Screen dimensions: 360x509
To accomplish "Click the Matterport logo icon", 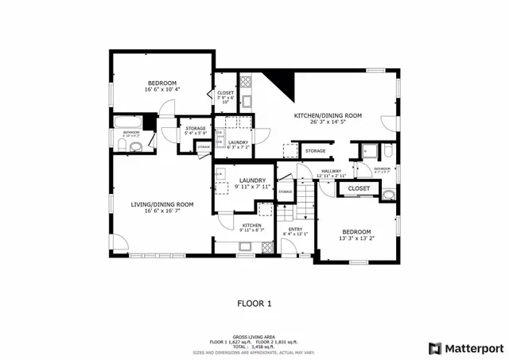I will pos(434,347).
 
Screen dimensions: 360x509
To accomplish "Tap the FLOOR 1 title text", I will pos(254,303).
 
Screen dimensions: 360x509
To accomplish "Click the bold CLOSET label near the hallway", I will pos(359,188).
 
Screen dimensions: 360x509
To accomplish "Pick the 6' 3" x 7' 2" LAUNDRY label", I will pos(238,145).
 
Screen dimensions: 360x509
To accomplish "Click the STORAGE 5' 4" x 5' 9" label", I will pos(196,131).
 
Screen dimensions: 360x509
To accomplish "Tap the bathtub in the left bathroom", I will pos(127,122).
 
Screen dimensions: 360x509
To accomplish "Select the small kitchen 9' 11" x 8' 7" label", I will pos(252,228).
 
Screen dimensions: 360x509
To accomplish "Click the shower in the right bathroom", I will pos(368,151).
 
